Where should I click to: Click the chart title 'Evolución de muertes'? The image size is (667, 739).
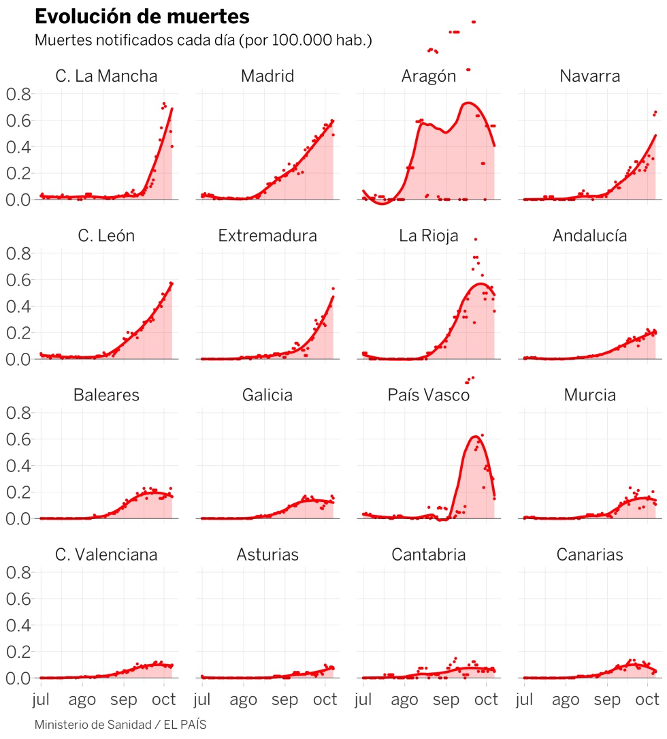pos(141,16)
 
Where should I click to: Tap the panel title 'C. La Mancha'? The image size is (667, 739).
pos(106,76)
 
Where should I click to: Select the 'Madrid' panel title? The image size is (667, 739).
pos(267,76)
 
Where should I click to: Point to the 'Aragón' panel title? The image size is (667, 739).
pos(428,76)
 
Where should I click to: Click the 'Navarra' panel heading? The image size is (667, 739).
pos(589,76)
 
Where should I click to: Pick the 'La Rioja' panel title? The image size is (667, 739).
pos(428,236)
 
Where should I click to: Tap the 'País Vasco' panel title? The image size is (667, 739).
pos(428,395)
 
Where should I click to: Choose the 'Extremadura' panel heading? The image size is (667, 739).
pos(267,236)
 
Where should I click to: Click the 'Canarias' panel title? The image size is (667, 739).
pos(589,554)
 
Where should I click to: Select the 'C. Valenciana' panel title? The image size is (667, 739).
pos(106,554)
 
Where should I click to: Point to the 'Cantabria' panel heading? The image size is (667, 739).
pos(428,554)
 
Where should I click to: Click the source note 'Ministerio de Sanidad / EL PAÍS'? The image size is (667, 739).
pos(120,725)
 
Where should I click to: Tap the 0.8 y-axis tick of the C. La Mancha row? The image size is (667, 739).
pos(19,94)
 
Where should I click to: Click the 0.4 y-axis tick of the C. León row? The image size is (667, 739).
pos(19,306)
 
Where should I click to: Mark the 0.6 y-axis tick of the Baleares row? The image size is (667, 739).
pos(19,439)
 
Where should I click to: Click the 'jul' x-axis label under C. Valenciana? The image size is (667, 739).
pos(42,699)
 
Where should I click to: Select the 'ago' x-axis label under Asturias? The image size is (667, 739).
pos(243,699)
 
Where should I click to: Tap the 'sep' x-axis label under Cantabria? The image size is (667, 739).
pos(446,699)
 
